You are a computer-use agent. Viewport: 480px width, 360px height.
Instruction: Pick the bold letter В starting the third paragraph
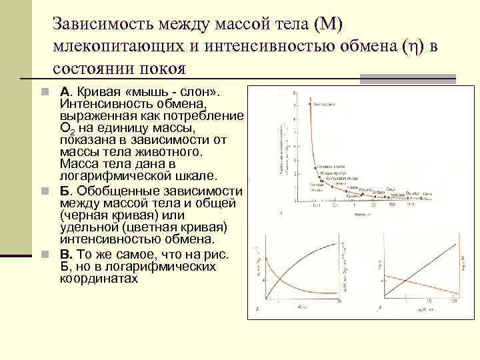[x=64, y=255]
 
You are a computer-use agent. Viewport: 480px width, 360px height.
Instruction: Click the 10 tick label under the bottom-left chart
[x=340, y=302]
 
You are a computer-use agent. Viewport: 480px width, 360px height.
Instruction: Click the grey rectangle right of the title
[x=408, y=79]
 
